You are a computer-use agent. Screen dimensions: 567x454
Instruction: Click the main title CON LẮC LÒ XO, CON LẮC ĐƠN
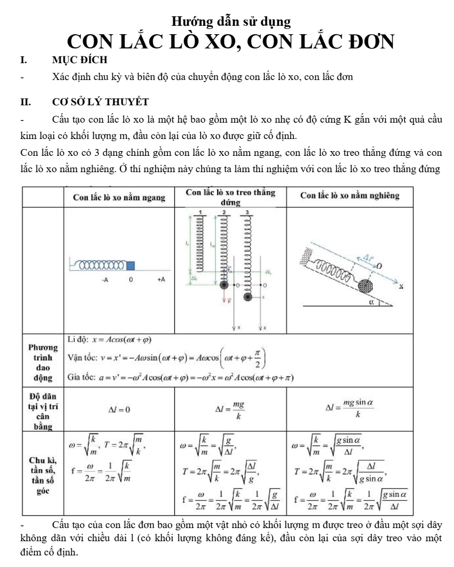231,42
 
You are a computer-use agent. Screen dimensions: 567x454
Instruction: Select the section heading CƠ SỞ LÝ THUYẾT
101,101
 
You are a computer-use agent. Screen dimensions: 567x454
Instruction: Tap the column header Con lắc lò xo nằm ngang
119,198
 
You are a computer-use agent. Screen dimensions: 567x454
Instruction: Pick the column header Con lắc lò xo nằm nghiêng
350,196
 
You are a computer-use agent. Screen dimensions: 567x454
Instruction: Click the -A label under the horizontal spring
105,280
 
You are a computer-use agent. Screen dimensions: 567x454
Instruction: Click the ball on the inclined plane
364,286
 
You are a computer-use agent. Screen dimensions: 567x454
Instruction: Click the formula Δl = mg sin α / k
350,409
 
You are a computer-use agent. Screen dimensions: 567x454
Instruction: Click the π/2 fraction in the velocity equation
258,360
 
